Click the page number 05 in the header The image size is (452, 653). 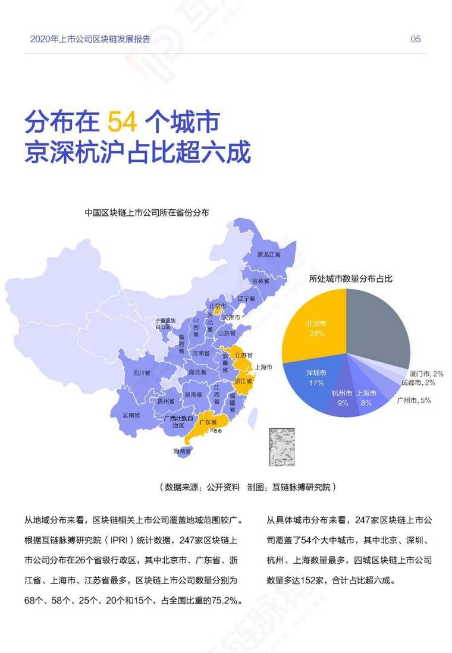point(416,39)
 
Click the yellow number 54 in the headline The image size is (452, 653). point(123,122)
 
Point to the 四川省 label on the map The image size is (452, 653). point(141,373)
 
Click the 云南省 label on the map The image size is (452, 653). point(132,415)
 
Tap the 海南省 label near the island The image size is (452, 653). point(183,451)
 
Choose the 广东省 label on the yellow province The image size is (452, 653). point(206,422)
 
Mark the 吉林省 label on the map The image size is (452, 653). point(260,281)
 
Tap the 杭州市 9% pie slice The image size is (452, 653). point(343,398)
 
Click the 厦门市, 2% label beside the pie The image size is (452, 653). point(426,373)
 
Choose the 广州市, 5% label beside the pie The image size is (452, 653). point(414,400)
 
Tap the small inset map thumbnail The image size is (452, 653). point(282,447)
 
